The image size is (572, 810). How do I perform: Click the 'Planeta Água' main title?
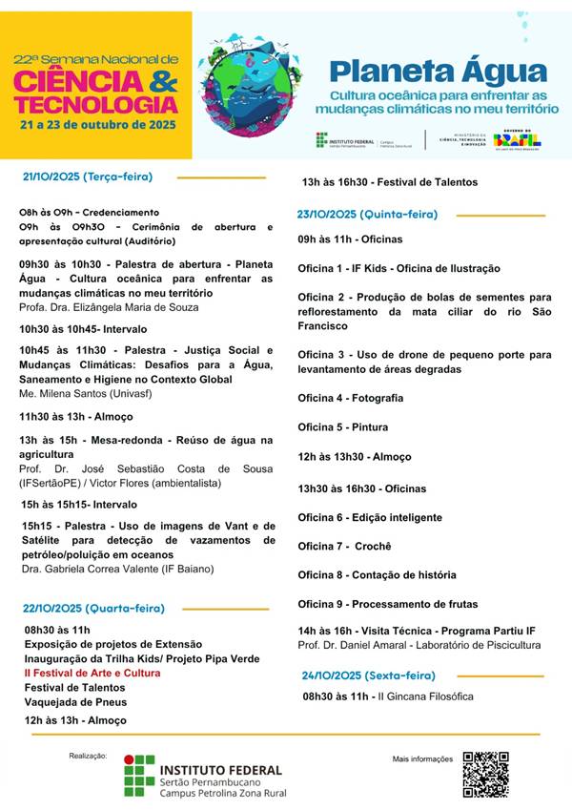pyautogui.click(x=438, y=73)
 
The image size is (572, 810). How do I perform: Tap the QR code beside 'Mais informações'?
pyautogui.click(x=485, y=774)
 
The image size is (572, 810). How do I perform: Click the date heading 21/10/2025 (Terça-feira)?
pyautogui.click(x=88, y=177)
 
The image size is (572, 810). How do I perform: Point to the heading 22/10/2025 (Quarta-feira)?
pyautogui.click(x=94, y=608)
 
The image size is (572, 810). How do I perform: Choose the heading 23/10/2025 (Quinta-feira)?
pyautogui.click(x=367, y=215)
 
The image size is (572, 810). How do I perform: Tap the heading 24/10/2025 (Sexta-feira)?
pyautogui.click(x=363, y=675)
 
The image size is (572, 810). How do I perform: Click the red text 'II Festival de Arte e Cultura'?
pyautogui.click(x=92, y=673)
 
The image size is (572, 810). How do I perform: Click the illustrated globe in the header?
pyautogui.click(x=255, y=83)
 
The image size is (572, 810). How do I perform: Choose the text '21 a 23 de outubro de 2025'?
pyautogui.click(x=95, y=125)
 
